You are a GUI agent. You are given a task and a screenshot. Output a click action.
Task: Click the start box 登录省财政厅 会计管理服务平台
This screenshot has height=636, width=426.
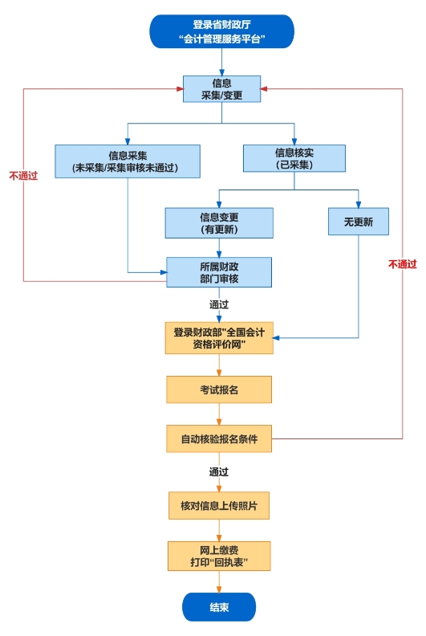click(221, 31)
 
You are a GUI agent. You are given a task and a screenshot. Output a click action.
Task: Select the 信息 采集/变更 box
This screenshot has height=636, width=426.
click(221, 89)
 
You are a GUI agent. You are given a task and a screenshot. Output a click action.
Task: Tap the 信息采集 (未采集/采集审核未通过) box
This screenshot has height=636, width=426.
click(128, 161)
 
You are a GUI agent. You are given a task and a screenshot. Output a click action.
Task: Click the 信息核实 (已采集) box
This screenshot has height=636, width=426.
click(294, 158)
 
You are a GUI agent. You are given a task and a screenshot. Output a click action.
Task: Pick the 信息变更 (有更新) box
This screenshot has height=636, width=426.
click(219, 223)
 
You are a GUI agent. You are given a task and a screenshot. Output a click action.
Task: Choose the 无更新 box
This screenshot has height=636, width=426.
click(358, 222)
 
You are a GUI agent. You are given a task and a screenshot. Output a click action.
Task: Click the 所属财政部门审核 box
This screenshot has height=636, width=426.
click(219, 272)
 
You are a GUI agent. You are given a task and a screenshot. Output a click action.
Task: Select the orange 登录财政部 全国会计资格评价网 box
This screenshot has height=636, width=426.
click(219, 337)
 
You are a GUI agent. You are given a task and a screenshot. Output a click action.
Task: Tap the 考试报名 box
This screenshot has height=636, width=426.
click(219, 389)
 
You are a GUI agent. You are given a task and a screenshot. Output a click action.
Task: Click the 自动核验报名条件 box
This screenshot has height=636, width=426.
click(219, 438)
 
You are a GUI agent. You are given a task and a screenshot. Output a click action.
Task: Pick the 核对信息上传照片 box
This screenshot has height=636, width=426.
click(219, 507)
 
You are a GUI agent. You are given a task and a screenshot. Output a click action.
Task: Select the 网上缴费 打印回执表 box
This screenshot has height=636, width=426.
click(219, 556)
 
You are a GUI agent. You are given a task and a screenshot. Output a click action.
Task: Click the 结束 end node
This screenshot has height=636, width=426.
click(219, 607)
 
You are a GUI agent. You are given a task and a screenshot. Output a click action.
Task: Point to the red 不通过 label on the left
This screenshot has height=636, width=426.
click(23, 175)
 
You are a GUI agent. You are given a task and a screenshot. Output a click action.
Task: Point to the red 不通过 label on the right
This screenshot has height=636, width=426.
click(402, 263)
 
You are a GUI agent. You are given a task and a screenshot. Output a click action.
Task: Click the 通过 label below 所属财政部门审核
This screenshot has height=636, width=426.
click(219, 304)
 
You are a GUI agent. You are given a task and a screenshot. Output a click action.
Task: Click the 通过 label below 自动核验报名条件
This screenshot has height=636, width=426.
click(219, 471)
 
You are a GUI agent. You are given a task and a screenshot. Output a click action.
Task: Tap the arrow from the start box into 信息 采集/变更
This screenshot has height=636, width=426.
click(221, 62)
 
